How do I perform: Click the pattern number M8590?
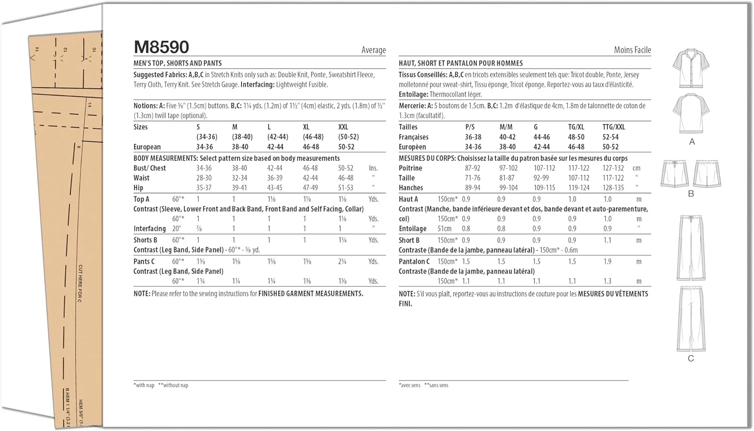tap(161, 47)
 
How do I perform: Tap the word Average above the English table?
tap(373, 50)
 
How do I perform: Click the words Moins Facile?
tap(632, 50)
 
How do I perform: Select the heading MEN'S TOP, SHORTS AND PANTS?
tap(177, 63)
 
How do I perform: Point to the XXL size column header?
tap(343, 127)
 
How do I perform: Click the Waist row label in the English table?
tap(141, 178)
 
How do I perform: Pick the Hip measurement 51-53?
tap(345, 188)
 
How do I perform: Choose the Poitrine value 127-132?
tap(613, 168)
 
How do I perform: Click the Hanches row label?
tap(411, 188)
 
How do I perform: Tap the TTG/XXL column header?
tap(614, 127)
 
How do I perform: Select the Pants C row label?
tap(144, 261)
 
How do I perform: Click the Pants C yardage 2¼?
tap(342, 261)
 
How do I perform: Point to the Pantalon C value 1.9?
tap(607, 261)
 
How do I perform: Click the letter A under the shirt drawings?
tap(692, 142)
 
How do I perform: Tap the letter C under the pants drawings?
tap(691, 359)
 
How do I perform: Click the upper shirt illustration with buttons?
tap(691, 68)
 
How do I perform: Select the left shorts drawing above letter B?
tap(675, 174)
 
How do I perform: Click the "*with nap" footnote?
tap(144, 385)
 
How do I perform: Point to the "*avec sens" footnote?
tap(410, 385)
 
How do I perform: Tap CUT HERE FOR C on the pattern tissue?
tap(80, 283)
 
